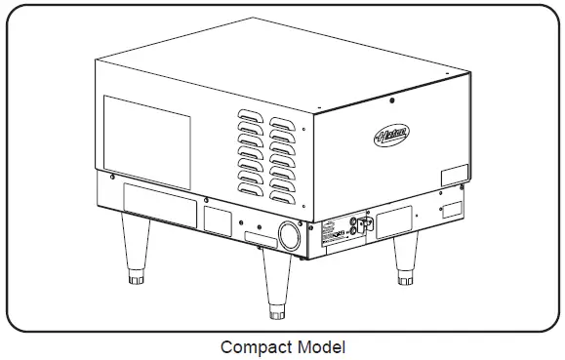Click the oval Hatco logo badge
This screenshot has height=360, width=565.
tap(391, 136)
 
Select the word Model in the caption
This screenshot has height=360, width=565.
tap(319, 346)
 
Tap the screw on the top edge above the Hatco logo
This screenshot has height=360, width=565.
tap(391, 99)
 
